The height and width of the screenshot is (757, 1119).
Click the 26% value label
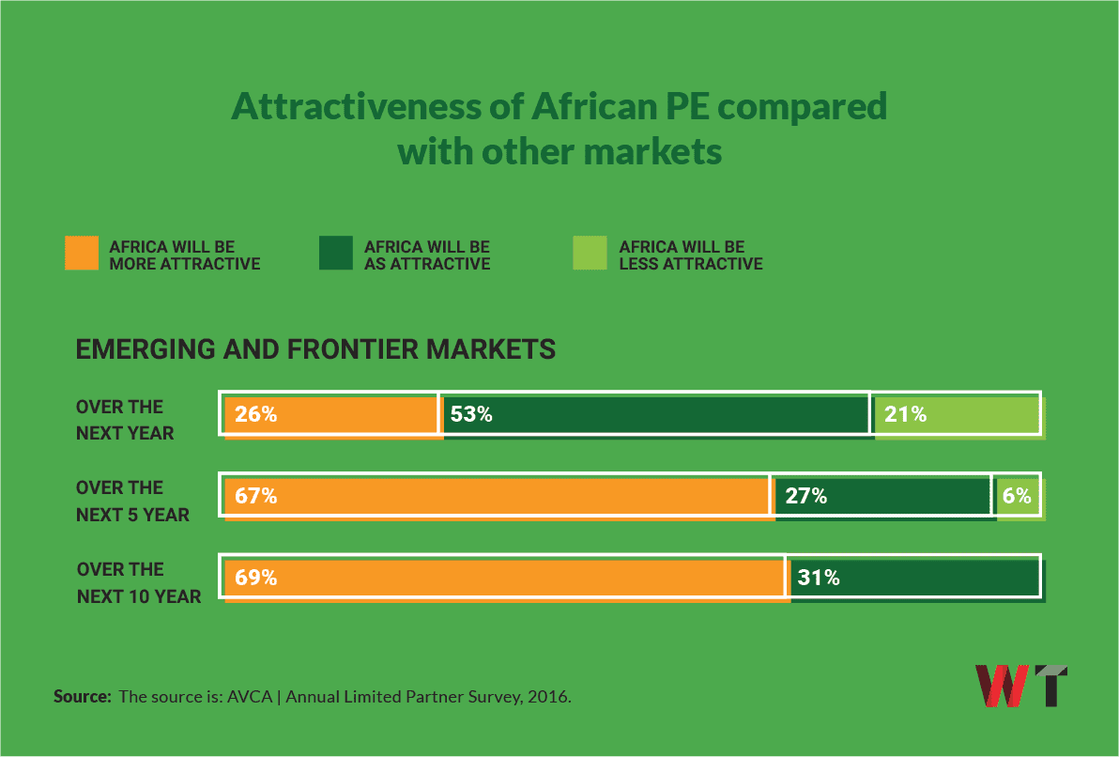(255, 414)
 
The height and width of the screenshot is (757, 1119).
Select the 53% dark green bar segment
(655, 414)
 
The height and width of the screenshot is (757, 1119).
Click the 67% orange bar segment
(498, 496)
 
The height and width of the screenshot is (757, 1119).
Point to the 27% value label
(805, 496)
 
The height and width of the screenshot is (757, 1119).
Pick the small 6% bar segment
(1018, 496)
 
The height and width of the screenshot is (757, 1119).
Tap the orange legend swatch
(82, 254)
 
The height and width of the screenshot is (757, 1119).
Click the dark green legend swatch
(336, 254)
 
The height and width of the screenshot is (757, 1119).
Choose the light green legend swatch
(590, 254)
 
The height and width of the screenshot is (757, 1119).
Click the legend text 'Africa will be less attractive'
(690, 255)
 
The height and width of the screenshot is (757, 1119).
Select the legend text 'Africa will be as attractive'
(427, 255)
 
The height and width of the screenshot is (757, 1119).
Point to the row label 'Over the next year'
(125, 420)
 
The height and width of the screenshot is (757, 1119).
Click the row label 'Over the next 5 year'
(132, 501)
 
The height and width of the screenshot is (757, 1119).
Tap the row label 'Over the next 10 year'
(138, 582)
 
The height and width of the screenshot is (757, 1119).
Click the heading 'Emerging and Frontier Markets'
(315, 349)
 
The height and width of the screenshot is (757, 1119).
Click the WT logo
(1021, 686)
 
